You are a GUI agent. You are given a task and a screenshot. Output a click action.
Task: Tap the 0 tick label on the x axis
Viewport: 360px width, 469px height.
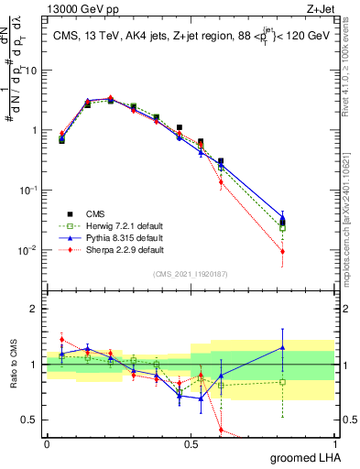pos(47,443)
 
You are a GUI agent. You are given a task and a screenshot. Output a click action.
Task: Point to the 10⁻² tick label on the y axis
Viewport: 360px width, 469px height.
pos(29,249)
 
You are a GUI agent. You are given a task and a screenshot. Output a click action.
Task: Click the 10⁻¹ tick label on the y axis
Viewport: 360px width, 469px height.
pos(29,190)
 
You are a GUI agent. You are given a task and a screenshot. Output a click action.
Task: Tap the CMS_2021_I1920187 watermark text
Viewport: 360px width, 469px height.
pos(190,273)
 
